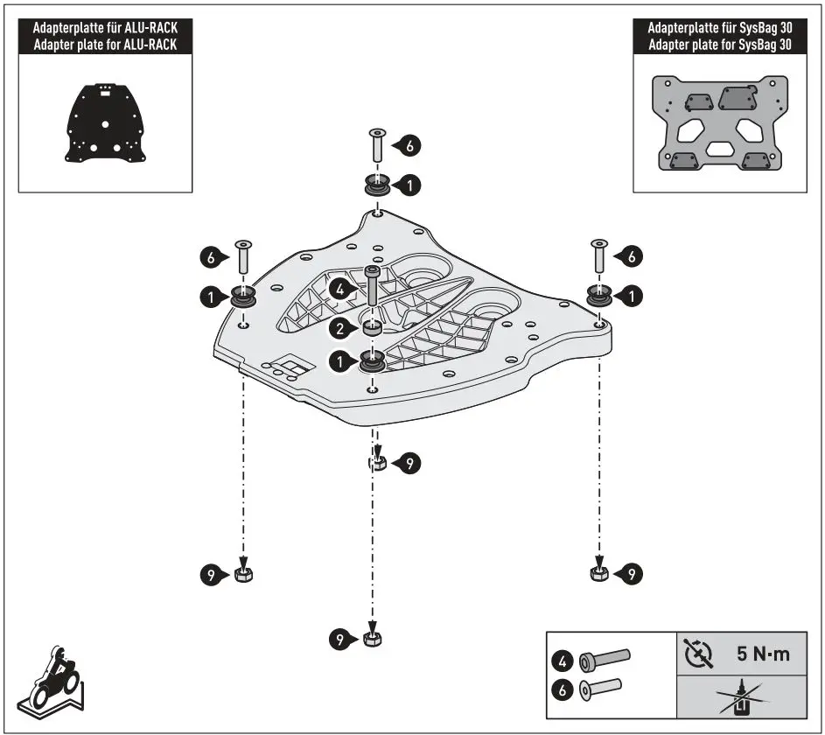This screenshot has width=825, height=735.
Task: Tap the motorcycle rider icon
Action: (x=54, y=679)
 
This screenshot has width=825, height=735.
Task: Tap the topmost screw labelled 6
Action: (x=376, y=144)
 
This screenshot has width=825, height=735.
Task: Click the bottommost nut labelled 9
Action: (x=372, y=639)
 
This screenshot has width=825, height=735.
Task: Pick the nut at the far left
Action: (x=243, y=574)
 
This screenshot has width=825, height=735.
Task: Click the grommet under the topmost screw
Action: (x=377, y=185)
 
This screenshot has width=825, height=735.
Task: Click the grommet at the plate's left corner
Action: (x=242, y=297)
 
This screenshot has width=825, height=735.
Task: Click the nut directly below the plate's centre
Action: (x=378, y=463)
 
